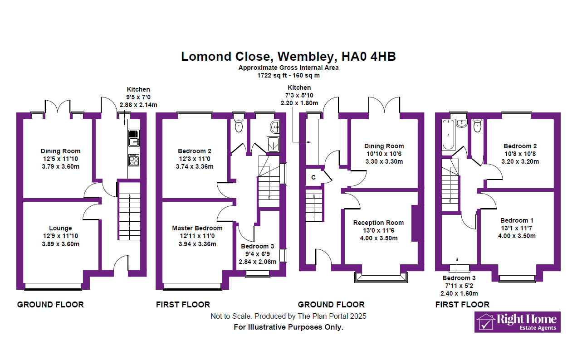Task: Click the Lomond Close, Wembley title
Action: coord(288,57)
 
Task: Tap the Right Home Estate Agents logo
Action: coord(517,322)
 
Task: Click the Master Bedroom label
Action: coord(197,228)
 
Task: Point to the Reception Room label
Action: coord(378,223)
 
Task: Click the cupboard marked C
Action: coord(313,177)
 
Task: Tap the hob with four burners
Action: coord(134,160)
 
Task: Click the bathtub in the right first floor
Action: coord(449,135)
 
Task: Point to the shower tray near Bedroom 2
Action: coord(273,145)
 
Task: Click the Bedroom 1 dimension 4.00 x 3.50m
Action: coord(517,236)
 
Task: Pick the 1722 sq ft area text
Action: coord(288,75)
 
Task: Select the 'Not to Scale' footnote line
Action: coord(288,316)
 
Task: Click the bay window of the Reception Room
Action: coord(381,277)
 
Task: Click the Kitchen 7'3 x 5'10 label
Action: coord(299,95)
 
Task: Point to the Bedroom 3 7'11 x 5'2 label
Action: coord(459,286)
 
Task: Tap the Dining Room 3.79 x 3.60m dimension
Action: coord(60,166)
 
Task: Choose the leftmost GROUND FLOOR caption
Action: coord(50,305)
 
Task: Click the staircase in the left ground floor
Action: coord(129,211)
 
